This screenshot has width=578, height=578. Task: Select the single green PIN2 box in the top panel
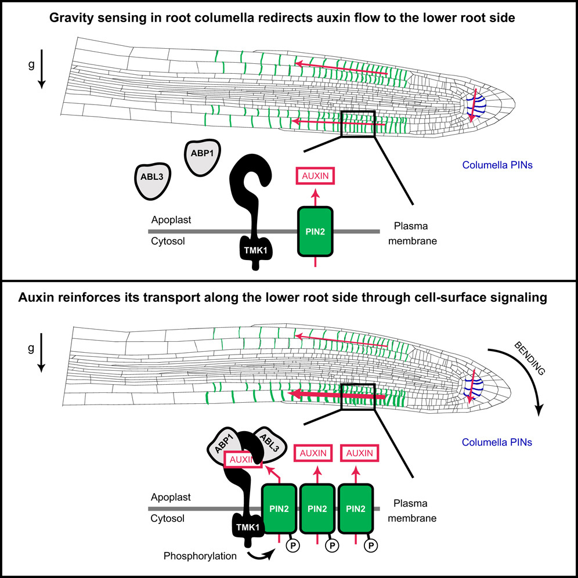(x=315, y=231)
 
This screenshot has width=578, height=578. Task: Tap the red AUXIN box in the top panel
(x=316, y=176)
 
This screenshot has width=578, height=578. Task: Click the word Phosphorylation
(x=200, y=556)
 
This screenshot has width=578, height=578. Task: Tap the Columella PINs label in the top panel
(x=497, y=165)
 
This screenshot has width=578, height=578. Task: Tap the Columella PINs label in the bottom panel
(x=497, y=442)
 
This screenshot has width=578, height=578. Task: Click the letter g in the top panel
(x=39, y=64)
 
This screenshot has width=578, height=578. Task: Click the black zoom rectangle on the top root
(x=358, y=124)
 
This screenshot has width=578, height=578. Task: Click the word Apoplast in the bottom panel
(x=171, y=497)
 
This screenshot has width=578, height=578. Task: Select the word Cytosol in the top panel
(x=168, y=241)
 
